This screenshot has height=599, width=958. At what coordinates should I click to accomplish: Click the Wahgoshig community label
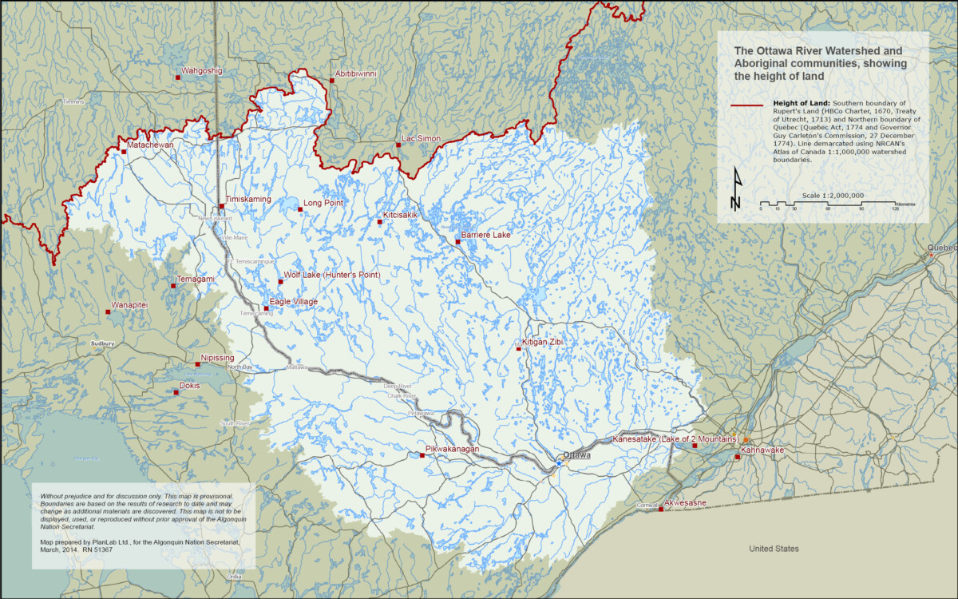pyautogui.click(x=202, y=71)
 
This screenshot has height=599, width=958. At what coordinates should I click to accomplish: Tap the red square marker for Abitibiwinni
pyautogui.click(x=331, y=80)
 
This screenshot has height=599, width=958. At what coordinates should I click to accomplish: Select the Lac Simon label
pyautogui.click(x=421, y=139)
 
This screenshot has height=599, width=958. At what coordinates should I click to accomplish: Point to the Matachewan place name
pyautogui.click(x=151, y=145)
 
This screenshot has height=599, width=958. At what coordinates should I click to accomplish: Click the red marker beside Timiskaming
pyautogui.click(x=222, y=206)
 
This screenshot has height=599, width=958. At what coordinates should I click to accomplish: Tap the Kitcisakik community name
pyautogui.click(x=400, y=216)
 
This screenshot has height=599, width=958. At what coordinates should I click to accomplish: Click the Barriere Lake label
pyautogui.click(x=485, y=236)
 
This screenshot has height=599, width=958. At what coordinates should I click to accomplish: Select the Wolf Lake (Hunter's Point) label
pyautogui.click(x=331, y=276)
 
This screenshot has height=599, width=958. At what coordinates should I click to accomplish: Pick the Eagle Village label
pyautogui.click(x=293, y=302)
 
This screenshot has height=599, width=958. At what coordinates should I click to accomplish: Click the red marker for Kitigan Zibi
pyautogui.click(x=518, y=349)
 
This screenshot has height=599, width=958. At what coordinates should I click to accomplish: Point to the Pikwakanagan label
pyautogui.click(x=452, y=450)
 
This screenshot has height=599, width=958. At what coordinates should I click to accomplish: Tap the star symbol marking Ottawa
pyautogui.click(x=559, y=462)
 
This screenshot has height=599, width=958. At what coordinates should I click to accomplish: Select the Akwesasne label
pyautogui.click(x=687, y=504)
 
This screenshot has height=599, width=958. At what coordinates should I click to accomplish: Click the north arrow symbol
pyautogui.click(x=736, y=189)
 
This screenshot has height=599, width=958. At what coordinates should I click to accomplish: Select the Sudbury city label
pyautogui.click(x=103, y=343)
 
